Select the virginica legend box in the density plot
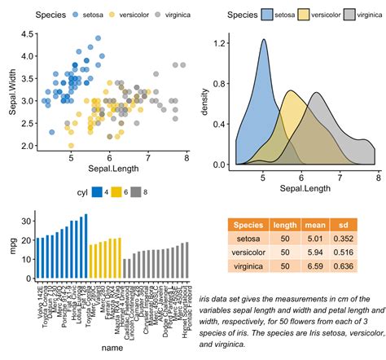point(353,15)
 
